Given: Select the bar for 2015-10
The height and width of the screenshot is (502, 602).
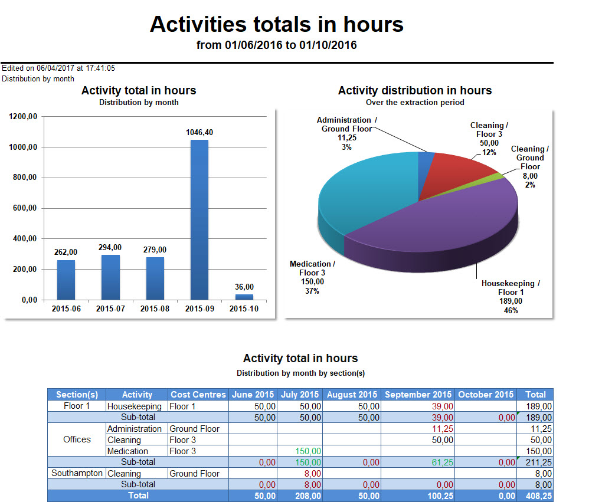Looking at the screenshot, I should (x=244, y=297).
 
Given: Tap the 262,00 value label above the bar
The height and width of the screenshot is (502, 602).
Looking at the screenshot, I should (x=66, y=252).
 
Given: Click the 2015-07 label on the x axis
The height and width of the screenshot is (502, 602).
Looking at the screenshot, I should (x=110, y=309).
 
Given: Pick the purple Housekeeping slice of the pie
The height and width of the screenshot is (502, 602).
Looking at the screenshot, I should (x=437, y=230).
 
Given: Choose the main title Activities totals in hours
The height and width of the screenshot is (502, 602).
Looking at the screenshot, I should (x=277, y=25).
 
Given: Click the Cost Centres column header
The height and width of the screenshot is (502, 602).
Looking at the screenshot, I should (x=198, y=395).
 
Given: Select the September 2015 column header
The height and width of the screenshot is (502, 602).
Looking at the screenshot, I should (x=418, y=395).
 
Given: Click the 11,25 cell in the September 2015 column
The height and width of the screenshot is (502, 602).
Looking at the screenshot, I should (x=442, y=429).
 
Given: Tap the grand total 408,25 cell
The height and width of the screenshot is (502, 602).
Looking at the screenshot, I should (x=535, y=496).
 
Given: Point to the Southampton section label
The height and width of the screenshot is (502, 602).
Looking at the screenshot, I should (x=77, y=473).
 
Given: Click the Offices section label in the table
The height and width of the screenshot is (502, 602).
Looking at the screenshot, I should (x=77, y=439).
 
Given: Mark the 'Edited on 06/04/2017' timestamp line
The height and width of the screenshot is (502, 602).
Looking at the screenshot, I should (x=58, y=68).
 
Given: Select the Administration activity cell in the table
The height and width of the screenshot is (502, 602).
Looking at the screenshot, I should (x=135, y=429).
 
